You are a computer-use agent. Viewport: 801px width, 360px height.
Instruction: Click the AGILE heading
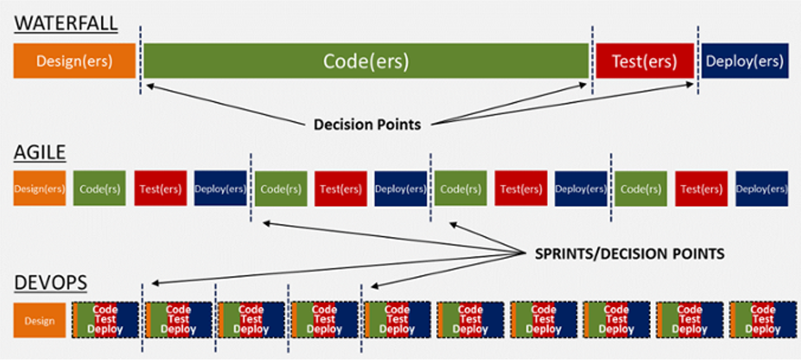click(x=40, y=152)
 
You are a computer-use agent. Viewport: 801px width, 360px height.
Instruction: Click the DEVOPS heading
click(x=50, y=282)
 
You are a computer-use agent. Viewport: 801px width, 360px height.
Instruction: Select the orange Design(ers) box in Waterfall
click(x=74, y=60)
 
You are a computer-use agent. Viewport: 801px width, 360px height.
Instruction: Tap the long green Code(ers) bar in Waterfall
click(x=366, y=60)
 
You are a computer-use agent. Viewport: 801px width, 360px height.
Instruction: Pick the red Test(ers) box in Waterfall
click(x=644, y=60)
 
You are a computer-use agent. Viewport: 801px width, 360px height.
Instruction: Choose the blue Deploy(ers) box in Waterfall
click(x=745, y=60)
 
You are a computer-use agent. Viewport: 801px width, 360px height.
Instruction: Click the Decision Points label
click(x=367, y=124)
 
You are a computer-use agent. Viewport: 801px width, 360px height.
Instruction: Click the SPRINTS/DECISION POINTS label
click(x=629, y=254)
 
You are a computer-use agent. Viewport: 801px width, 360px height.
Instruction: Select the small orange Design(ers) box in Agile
click(x=40, y=189)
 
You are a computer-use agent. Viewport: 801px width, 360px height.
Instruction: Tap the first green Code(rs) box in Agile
click(x=99, y=189)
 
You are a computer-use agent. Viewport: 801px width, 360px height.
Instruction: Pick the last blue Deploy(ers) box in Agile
click(x=761, y=189)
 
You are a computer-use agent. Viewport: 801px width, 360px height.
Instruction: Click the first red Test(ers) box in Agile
click(x=160, y=189)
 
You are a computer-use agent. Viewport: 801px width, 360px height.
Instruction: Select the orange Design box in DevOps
click(x=40, y=320)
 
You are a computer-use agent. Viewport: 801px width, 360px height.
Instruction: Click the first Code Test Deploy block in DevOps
click(x=105, y=320)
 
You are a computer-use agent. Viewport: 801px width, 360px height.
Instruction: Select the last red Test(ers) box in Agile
click(x=701, y=189)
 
